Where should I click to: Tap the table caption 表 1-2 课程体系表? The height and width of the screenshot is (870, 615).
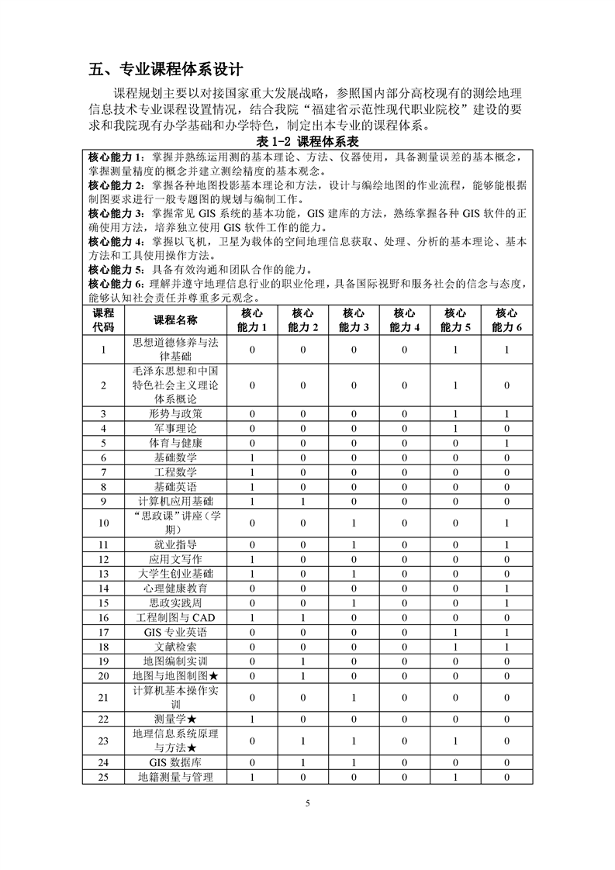[x=308, y=143]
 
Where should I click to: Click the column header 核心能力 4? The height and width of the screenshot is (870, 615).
[x=403, y=319]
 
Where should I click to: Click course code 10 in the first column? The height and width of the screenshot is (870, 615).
[x=103, y=523]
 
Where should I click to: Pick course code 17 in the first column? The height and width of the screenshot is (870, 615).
[x=103, y=632]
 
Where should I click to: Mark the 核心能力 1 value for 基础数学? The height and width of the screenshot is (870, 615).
[x=252, y=457]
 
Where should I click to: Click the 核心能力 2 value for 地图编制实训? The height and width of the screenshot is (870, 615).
[x=303, y=661]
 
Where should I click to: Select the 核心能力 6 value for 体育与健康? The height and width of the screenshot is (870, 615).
[x=506, y=443]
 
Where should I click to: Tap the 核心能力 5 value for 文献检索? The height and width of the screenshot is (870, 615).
[x=455, y=646]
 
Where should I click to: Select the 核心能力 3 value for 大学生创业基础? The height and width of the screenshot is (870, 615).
[x=353, y=574]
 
